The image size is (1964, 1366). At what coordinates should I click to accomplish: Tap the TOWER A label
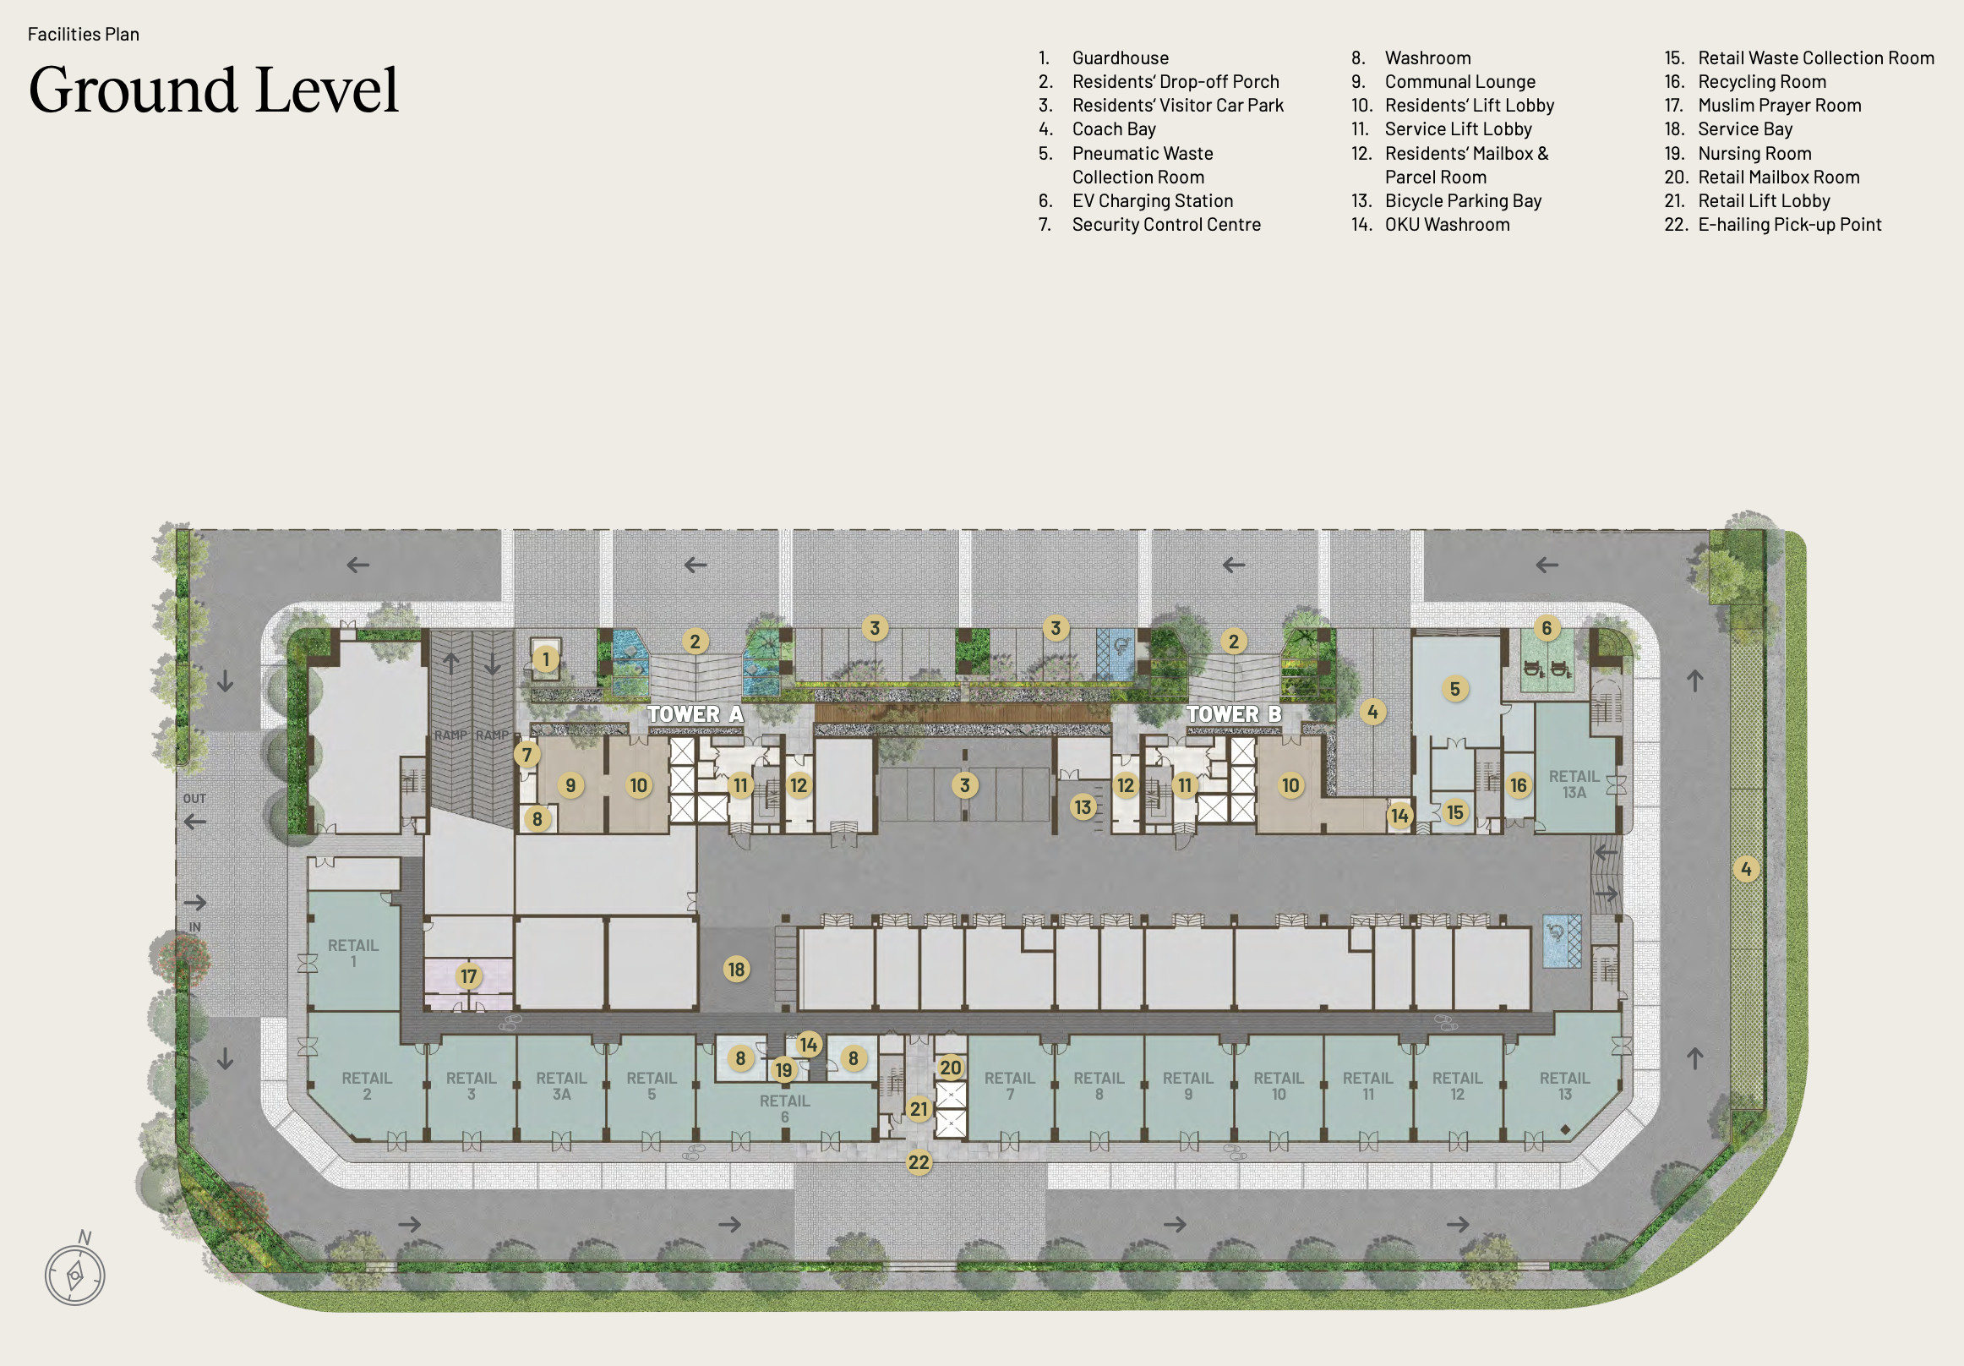695,713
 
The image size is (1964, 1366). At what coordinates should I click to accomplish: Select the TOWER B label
1234,713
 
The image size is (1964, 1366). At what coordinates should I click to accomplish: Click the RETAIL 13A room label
1574,784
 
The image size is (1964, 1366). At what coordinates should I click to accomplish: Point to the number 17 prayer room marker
469,976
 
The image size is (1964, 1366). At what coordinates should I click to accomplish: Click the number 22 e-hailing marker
919,1162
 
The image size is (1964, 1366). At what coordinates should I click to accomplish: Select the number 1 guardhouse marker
546,659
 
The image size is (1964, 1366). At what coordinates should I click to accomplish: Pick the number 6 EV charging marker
1547,629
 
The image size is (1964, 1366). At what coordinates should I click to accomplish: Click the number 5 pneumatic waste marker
1455,689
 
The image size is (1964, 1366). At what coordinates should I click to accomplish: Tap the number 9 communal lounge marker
570,785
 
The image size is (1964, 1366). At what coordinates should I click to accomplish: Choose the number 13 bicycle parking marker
1083,806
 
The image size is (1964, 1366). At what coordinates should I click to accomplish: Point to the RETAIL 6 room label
784,1108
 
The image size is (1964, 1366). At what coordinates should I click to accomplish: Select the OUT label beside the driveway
194,799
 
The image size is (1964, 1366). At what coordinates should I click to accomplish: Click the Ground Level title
214,90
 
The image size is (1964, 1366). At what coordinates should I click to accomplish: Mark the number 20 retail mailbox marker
952,1068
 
